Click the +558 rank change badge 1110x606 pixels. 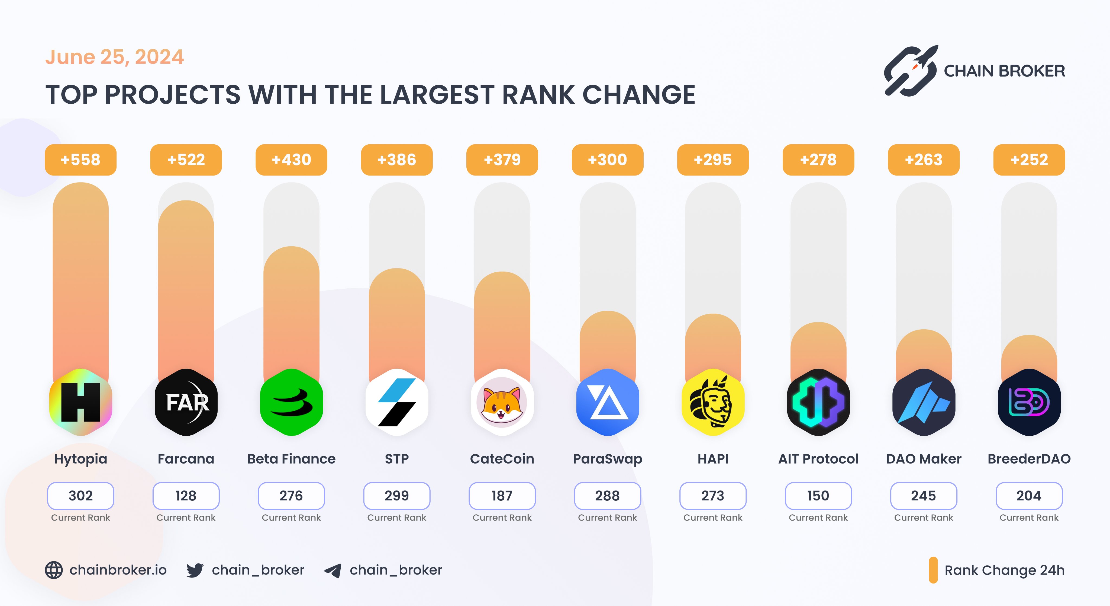(80, 160)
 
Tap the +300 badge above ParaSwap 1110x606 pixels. (607, 160)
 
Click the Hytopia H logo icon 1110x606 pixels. (80, 402)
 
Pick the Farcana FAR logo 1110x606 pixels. (186, 402)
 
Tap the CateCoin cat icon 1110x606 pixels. (502, 402)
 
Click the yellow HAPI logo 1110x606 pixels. (713, 402)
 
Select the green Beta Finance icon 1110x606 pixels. (291, 402)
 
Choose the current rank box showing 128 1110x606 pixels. (186, 496)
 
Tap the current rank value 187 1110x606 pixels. (502, 496)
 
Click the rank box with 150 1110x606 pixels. (818, 496)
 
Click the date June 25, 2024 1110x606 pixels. (115, 57)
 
